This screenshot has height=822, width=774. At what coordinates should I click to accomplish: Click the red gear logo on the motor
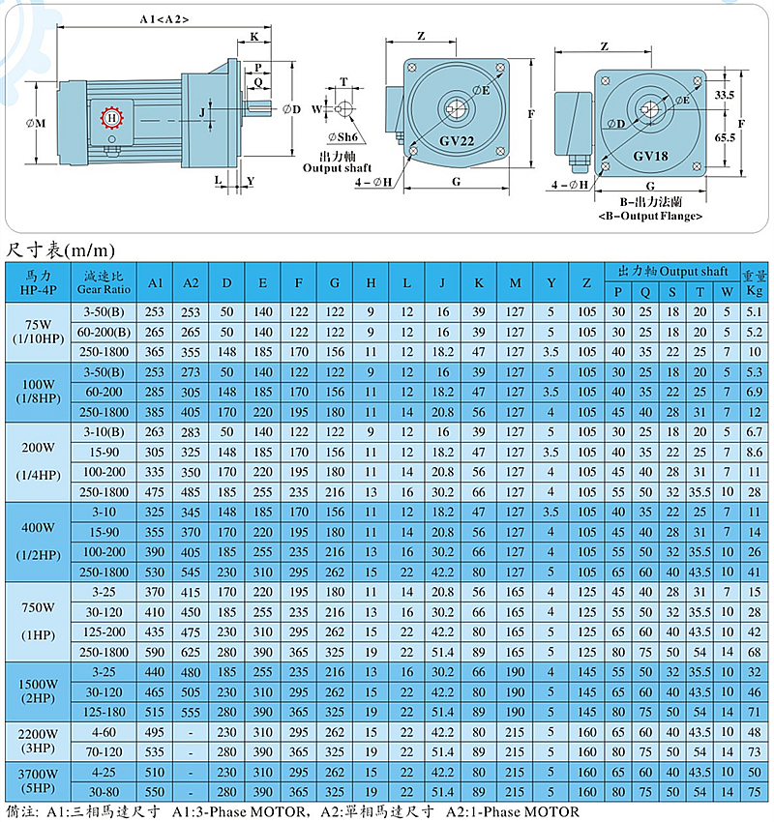[111, 117]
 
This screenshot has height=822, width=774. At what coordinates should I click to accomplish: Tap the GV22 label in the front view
[457, 141]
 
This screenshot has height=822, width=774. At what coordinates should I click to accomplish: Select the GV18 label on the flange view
[650, 156]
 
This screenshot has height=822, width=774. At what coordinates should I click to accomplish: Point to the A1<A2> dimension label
[164, 19]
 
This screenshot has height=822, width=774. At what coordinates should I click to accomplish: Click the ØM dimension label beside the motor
[36, 123]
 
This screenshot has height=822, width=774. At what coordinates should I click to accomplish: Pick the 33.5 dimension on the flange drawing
[725, 95]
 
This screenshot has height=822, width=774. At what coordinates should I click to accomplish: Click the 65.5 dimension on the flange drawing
[725, 137]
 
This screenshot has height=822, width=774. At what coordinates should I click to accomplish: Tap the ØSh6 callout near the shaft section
[342, 137]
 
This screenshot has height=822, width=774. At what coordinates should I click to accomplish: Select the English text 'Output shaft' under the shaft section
[338, 168]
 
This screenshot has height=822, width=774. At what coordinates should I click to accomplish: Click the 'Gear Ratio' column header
[104, 289]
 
